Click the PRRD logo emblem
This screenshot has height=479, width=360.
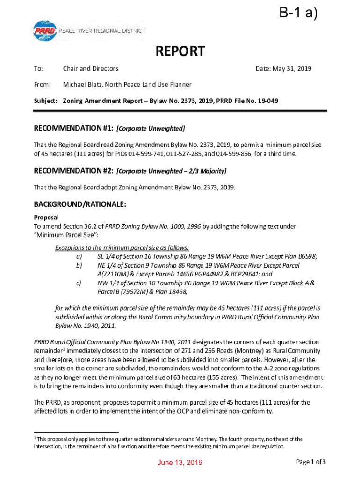(x=45, y=31)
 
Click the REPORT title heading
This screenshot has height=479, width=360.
(x=180, y=51)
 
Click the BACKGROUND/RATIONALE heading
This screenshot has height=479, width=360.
(x=80, y=204)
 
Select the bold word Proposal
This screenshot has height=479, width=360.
(x=46, y=218)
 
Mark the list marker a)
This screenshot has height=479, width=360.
(x=79, y=257)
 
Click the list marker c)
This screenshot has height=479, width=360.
(x=79, y=283)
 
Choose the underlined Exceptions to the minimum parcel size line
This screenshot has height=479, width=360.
(x=122, y=248)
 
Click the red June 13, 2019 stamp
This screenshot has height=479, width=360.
(x=180, y=463)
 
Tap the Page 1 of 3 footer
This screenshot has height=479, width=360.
(x=311, y=462)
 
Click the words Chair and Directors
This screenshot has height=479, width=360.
(x=91, y=69)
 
